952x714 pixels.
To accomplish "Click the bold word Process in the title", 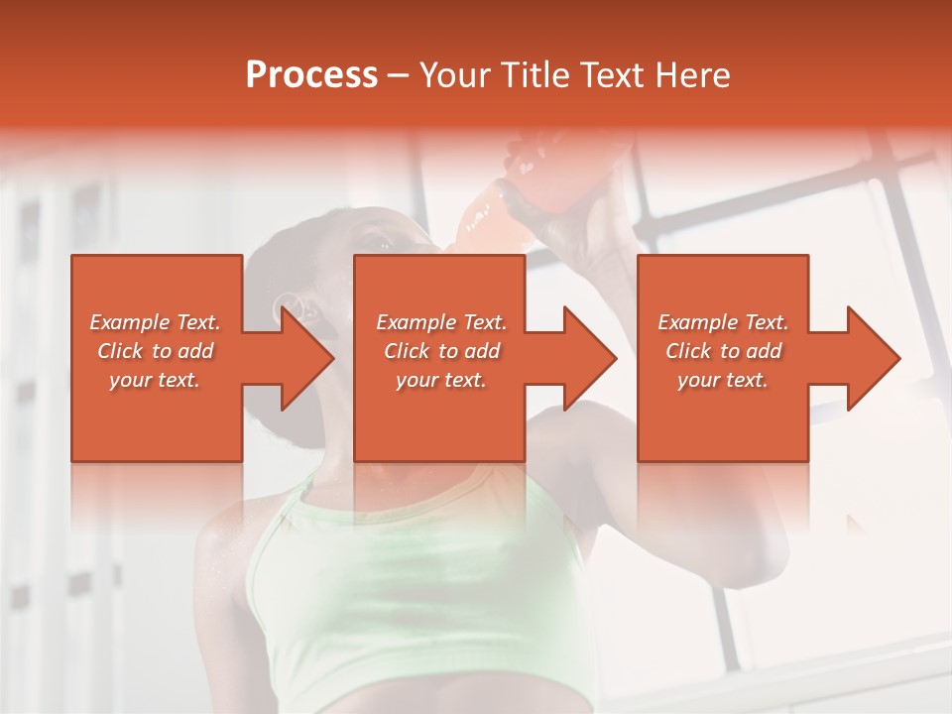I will [x=311, y=75].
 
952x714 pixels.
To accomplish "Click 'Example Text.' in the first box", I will [x=155, y=322].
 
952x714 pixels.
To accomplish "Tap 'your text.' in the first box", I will [x=155, y=380].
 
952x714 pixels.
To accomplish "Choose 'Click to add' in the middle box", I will [x=441, y=351].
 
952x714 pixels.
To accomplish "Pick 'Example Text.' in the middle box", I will [x=441, y=322].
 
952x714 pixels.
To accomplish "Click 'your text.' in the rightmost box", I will [x=723, y=380].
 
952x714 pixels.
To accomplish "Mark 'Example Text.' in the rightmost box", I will [x=723, y=322].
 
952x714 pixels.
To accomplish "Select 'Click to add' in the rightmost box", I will [x=723, y=351].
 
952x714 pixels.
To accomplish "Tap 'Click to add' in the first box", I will [x=155, y=351].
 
